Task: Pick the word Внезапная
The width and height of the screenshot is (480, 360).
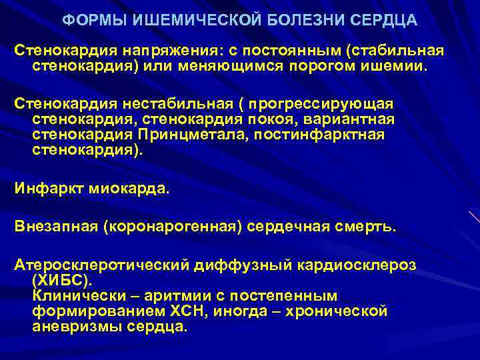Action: (x=55, y=226)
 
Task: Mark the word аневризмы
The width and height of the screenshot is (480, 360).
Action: (x=70, y=327)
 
